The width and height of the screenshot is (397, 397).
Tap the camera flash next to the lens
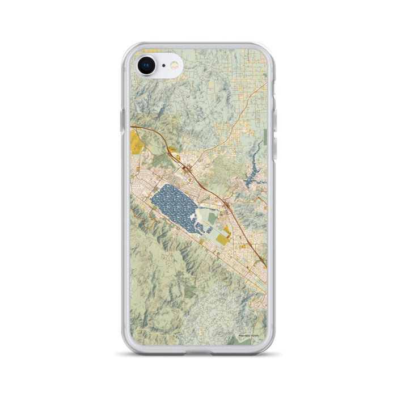(x=174, y=66)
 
